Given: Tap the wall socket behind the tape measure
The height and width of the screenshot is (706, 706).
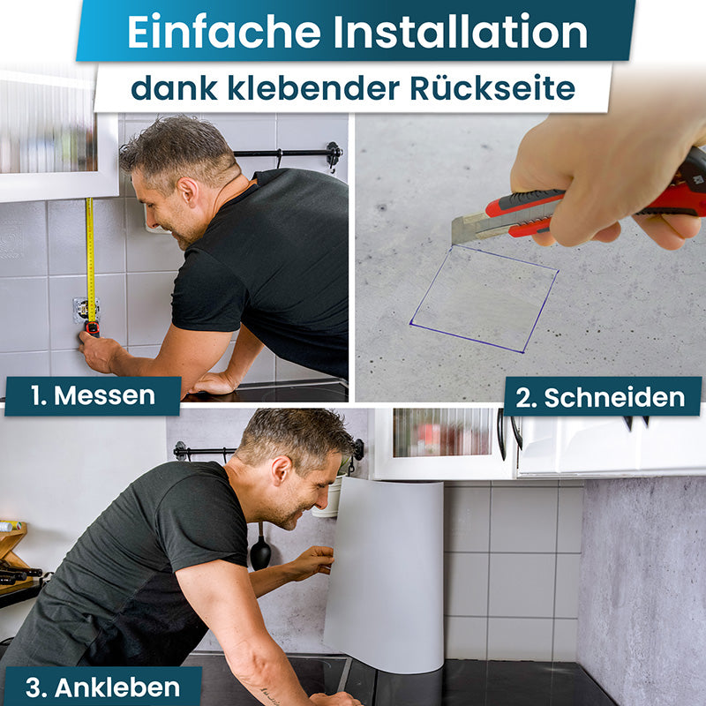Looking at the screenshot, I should pyautogui.click(x=86, y=309).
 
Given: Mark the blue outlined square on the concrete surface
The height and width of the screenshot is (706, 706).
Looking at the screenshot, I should pyautogui.click(x=484, y=298).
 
